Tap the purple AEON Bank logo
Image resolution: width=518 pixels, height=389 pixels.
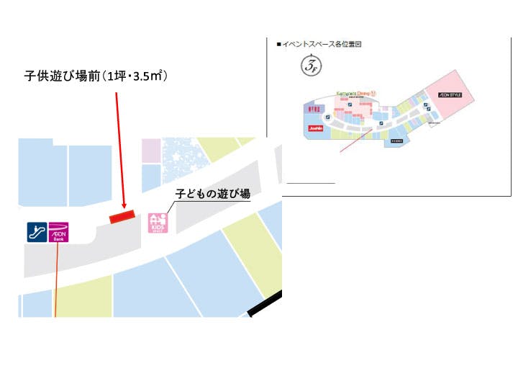click(x=58, y=231)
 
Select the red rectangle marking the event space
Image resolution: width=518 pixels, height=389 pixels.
click(x=121, y=215)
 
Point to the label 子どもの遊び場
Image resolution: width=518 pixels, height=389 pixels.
click(x=214, y=193)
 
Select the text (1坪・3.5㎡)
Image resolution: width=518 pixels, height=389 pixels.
click(x=135, y=76)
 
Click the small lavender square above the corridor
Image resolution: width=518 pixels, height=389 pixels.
click(x=151, y=150)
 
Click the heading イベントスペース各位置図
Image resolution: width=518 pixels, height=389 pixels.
click(x=322, y=44)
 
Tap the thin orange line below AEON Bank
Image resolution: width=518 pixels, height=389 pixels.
click(x=55, y=281)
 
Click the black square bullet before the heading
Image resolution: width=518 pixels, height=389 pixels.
click(x=279, y=44)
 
